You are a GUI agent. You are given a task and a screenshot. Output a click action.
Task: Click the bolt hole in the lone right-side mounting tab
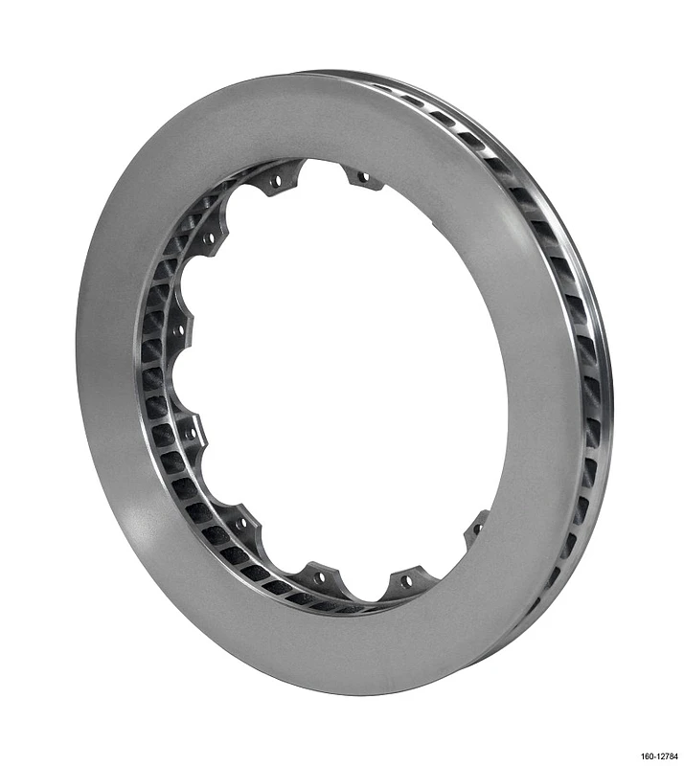pos(476,527)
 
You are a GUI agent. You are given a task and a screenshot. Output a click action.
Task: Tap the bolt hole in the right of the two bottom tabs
pos(406,580)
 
